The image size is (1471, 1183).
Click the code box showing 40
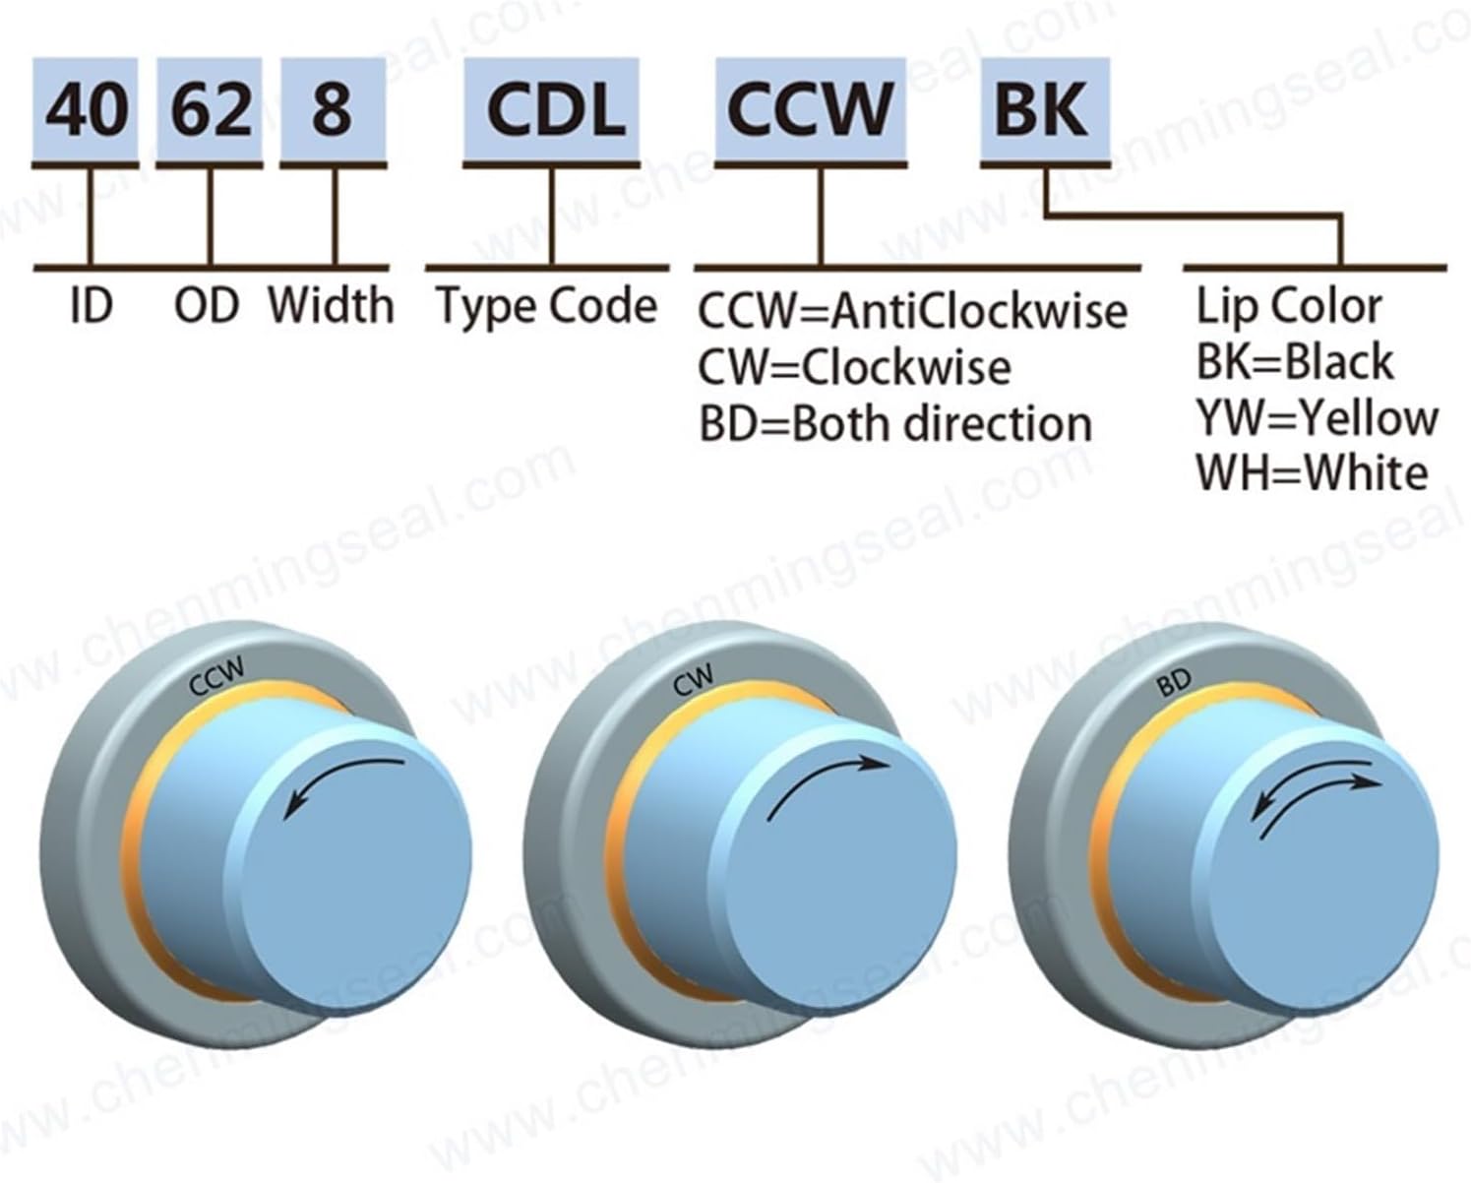click(88, 109)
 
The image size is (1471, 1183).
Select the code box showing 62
click(210, 109)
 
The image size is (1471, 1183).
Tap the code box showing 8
click(333, 109)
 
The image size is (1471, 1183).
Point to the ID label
click(92, 306)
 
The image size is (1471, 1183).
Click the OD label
click(207, 306)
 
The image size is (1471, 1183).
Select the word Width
click(331, 306)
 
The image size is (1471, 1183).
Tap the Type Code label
click(547, 306)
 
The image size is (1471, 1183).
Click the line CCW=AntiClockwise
click(912, 312)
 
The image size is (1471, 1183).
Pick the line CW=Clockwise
click(854, 368)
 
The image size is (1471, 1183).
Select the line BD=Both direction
click(895, 424)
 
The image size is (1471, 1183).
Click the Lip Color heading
click(1289, 306)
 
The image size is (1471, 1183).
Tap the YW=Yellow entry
click(1317, 418)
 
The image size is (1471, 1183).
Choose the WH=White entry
click(1312, 473)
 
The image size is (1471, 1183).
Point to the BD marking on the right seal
click(1174, 681)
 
